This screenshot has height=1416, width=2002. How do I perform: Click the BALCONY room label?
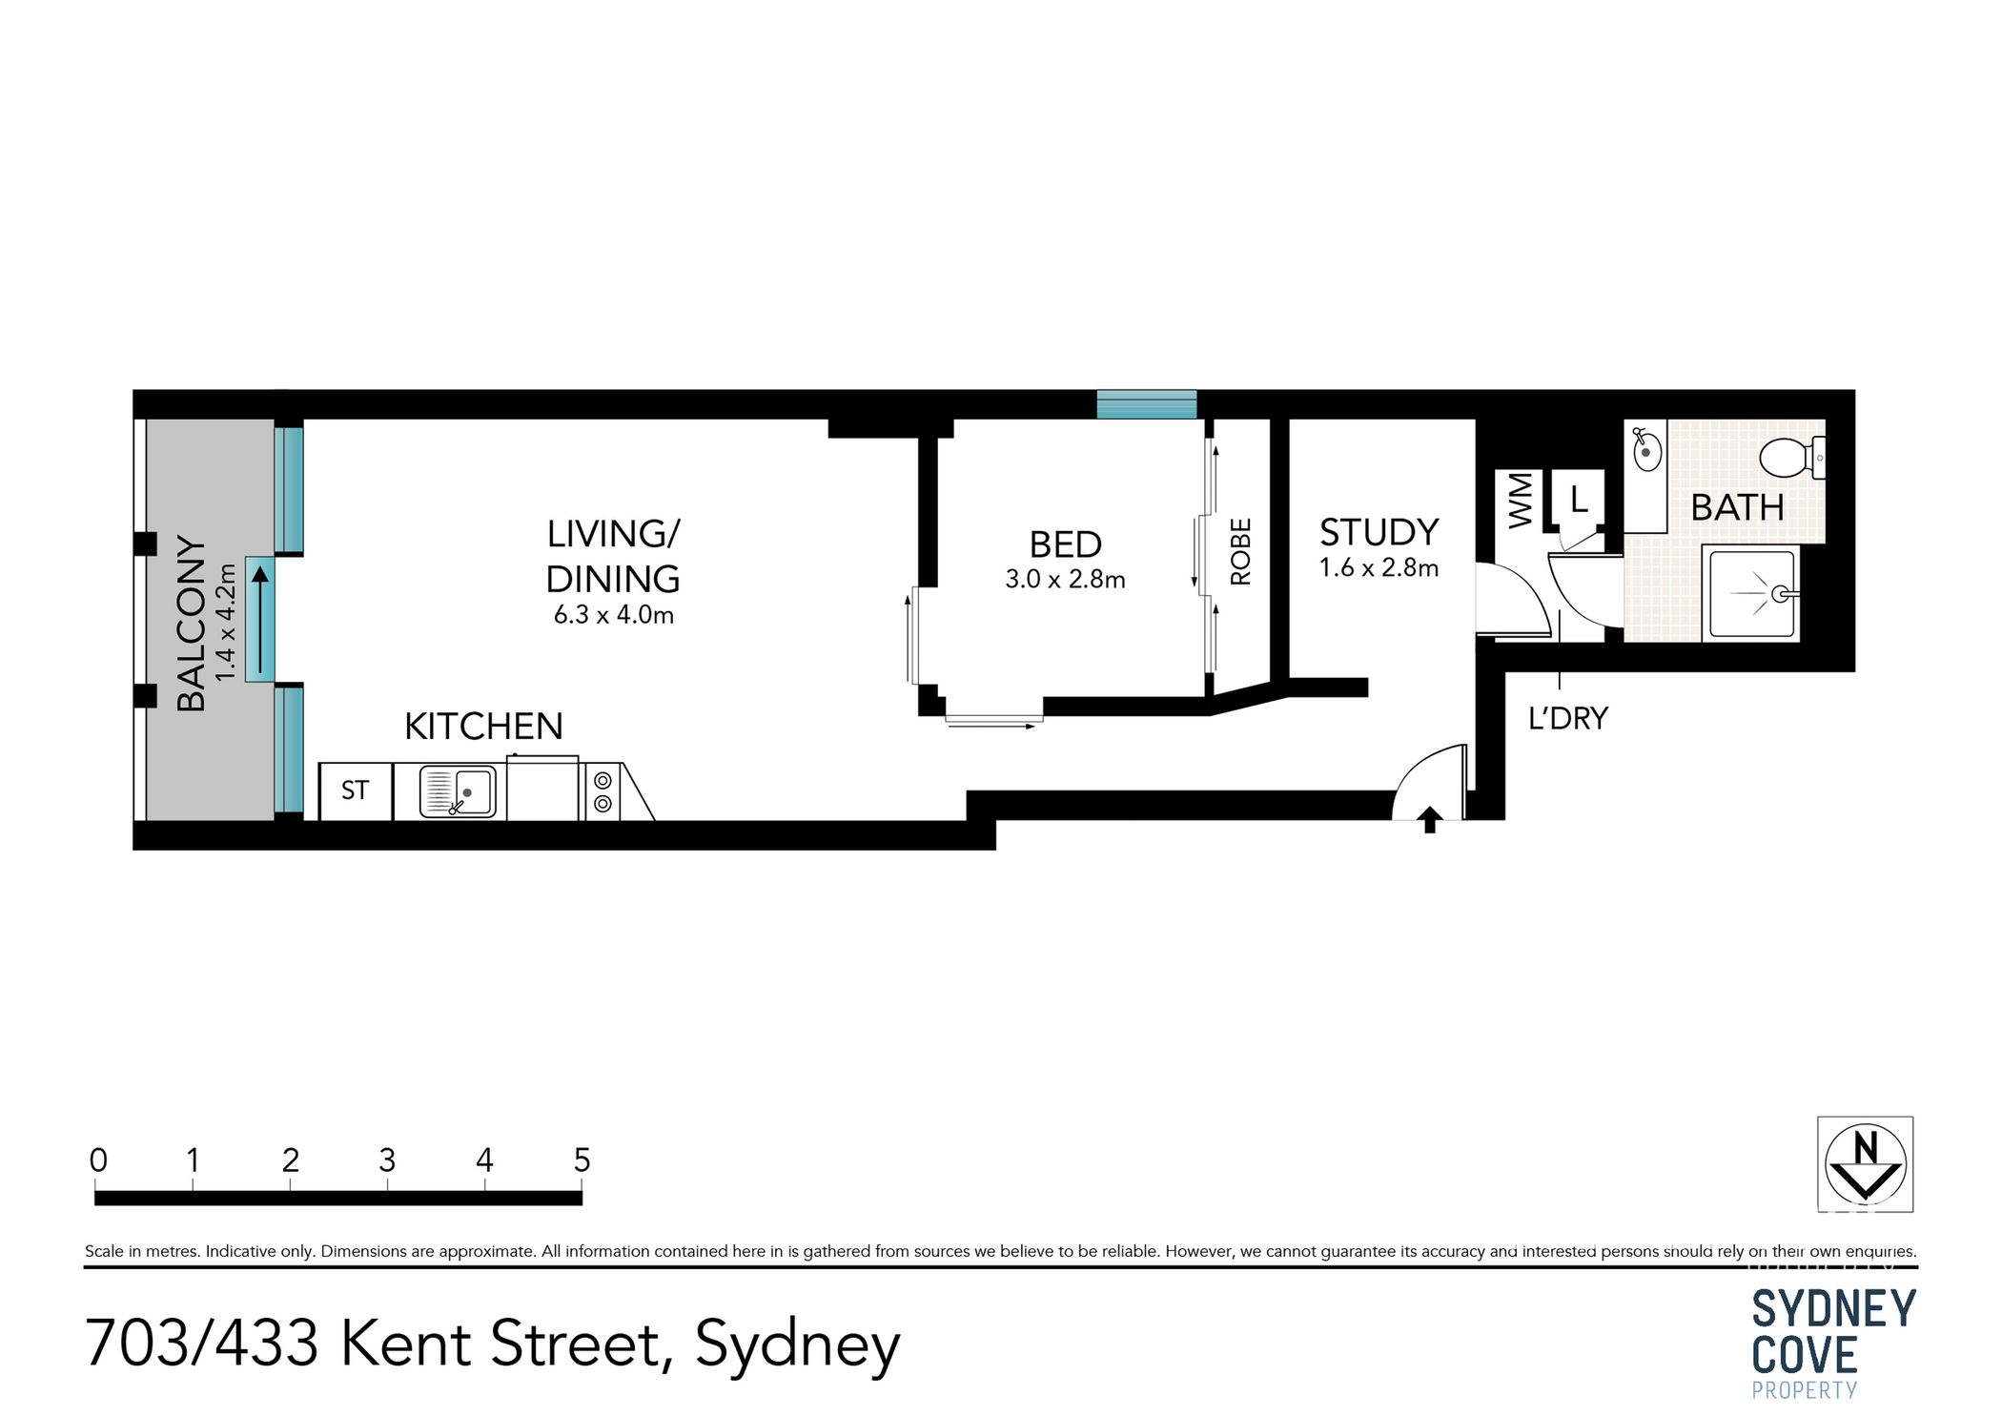tap(191, 624)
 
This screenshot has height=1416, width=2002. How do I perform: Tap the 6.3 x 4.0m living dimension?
tap(613, 615)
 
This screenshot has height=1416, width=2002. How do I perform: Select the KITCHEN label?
tap(483, 727)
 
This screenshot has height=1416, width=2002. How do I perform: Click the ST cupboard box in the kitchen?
tap(355, 790)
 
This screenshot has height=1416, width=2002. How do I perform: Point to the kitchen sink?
tap(459, 791)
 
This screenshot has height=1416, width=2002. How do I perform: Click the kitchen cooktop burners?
tap(603, 791)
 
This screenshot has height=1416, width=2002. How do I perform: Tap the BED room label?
tap(1065, 544)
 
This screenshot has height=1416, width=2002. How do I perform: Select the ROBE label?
tap(1239, 551)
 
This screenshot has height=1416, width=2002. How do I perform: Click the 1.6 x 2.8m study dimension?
tap(1378, 568)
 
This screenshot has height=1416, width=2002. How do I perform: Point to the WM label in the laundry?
tap(1520, 500)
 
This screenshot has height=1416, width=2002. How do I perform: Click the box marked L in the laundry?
tap(1579, 499)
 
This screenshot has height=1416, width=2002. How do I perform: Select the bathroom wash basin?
tap(1645, 450)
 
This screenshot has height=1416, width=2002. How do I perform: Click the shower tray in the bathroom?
tap(1751, 593)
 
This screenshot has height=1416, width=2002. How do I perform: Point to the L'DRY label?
tap(1567, 718)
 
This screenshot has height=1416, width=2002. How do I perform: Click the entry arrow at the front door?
tap(1429, 819)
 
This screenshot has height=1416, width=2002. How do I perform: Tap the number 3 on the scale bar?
tap(387, 1160)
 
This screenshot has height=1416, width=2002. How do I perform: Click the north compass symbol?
tap(1865, 1164)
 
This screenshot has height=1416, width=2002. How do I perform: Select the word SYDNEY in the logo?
tap(1832, 1308)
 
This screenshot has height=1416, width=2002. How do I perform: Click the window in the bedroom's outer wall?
tap(1146, 404)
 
